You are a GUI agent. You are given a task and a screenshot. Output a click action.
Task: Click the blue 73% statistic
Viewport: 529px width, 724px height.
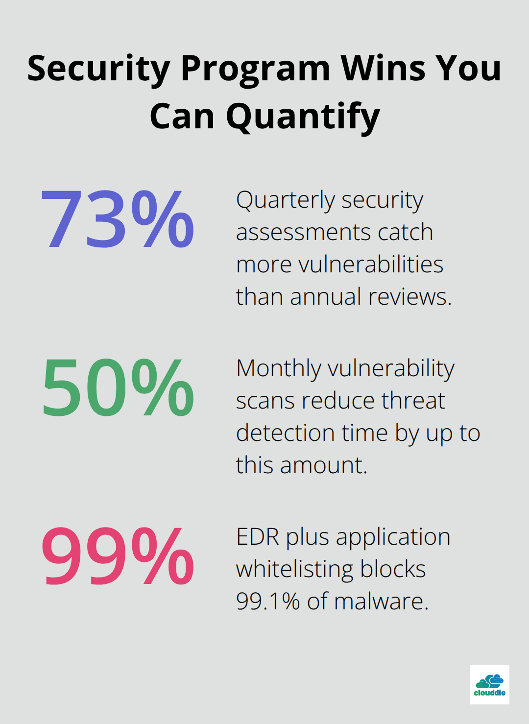pyautogui.click(x=118, y=219)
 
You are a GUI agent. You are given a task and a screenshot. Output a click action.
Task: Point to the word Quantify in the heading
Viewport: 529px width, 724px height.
pyautogui.click(x=303, y=118)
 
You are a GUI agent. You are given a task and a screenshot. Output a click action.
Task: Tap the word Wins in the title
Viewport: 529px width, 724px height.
pyautogui.click(x=384, y=69)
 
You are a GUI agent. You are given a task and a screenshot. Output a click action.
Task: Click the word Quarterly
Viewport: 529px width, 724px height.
pyautogui.click(x=286, y=201)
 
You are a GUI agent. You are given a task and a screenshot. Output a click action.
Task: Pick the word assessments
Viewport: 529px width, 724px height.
pyautogui.click(x=303, y=232)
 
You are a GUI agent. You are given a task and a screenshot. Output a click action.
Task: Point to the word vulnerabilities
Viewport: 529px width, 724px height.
pyautogui.click(x=371, y=264)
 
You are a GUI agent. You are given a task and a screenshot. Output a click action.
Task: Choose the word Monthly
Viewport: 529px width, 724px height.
pyautogui.click(x=279, y=369)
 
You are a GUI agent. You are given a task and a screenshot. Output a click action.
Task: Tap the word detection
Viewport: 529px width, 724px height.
pyautogui.click(x=286, y=433)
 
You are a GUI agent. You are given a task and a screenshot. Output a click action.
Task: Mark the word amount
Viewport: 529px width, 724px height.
pyautogui.click(x=324, y=466)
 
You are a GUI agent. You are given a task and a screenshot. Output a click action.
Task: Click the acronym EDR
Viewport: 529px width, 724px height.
pyautogui.click(x=258, y=537)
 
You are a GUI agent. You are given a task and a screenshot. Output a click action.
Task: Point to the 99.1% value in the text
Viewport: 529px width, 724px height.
pyautogui.click(x=268, y=601)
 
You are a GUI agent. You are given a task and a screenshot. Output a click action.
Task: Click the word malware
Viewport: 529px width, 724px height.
pyautogui.click(x=381, y=602)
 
